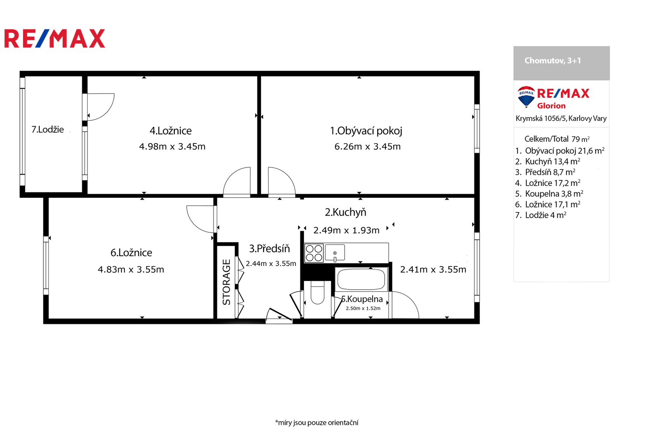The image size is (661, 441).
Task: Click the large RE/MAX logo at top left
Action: [x=55, y=38]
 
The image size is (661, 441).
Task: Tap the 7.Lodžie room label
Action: [x=48, y=129]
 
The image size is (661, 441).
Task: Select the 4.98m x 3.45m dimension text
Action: [x=172, y=146]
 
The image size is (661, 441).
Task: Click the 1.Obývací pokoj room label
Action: [x=366, y=131]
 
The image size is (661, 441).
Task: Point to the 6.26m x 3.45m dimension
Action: [x=367, y=146]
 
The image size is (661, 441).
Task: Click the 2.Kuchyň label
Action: [x=345, y=212]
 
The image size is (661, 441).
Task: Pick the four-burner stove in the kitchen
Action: [x=314, y=253]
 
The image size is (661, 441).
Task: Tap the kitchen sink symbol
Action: [x=335, y=253]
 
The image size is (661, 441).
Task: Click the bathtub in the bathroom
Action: [x=361, y=279]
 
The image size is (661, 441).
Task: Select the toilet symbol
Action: [x=318, y=292]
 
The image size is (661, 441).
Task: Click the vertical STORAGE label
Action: [x=226, y=282]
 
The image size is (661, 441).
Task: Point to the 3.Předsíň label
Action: [x=269, y=249]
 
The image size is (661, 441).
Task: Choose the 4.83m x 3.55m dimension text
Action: [x=131, y=269]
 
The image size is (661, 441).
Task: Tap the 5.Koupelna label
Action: [x=362, y=299]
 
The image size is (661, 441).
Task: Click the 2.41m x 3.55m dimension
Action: [x=433, y=269]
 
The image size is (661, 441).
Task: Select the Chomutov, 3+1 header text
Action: [x=552, y=60]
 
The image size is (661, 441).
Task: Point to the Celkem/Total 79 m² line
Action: [x=557, y=139]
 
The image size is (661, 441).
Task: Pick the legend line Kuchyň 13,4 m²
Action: [x=548, y=161]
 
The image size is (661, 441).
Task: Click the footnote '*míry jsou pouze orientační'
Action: [x=316, y=423]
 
